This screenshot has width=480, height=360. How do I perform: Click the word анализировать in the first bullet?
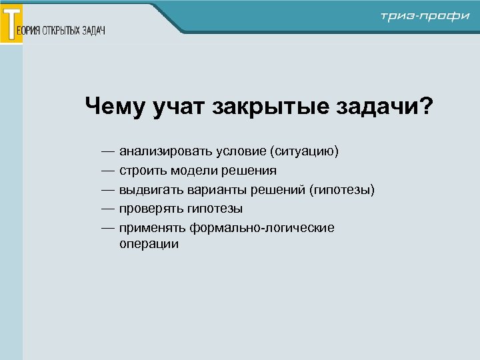coord(163,152)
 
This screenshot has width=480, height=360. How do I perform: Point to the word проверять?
coord(151,209)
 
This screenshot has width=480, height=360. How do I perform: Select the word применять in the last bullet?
coord(152,228)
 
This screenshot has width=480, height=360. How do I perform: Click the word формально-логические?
coord(262,228)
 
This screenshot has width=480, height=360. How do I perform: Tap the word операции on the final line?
coord(149,245)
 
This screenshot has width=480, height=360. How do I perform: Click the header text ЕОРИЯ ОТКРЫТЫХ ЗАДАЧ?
coord(65,31)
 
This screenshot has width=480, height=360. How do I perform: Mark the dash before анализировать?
coord(108,152)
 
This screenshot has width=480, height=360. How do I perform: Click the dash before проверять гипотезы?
coord(108,209)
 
